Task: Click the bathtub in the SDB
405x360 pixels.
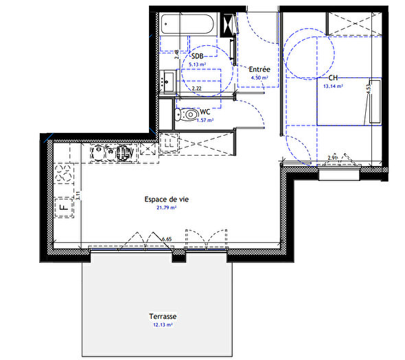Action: [189, 27]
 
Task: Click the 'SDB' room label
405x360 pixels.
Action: [197, 56]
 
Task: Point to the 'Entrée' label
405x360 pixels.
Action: [259, 69]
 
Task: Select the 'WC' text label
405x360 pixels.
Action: [205, 111]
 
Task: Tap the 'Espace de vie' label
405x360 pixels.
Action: [166, 199]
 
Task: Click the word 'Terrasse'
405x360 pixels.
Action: [163, 317]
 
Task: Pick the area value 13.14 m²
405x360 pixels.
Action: [333, 87]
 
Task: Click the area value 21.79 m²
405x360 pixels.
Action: [167, 207]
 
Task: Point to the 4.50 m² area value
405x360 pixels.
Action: [259, 78]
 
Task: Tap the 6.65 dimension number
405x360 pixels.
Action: [167, 239]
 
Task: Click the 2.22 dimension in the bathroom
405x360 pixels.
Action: [196, 89]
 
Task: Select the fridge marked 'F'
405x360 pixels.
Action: [65, 205]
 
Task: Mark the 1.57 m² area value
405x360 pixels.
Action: [205, 120]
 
